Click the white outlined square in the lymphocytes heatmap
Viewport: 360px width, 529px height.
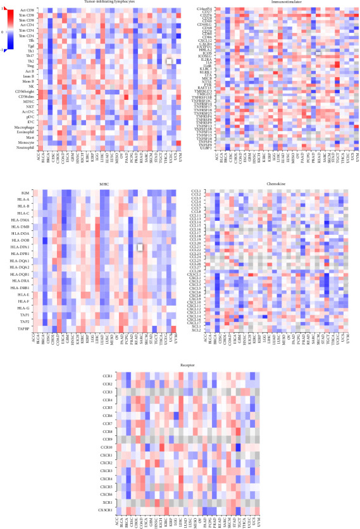[x=169, y=61]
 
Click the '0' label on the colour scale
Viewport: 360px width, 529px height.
[x=3, y=31]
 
